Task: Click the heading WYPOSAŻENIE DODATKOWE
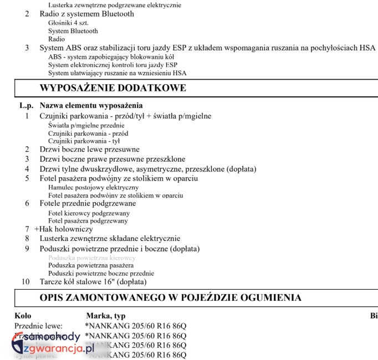[x=113, y=88]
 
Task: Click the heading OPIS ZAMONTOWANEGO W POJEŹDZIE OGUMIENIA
[x=171, y=297]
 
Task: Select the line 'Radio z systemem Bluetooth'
[x=86, y=14]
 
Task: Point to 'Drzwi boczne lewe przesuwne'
[x=89, y=149]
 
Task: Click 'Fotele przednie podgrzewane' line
[x=88, y=203]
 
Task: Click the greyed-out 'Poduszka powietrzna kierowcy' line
[x=91, y=258]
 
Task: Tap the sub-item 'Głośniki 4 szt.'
[x=68, y=23]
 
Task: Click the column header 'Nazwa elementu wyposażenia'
[x=91, y=105]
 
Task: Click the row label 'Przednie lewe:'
[x=38, y=326]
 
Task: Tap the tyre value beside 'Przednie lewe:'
[x=135, y=326]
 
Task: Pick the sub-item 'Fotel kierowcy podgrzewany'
[x=89, y=213]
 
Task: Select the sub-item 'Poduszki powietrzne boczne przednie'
[x=101, y=274]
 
